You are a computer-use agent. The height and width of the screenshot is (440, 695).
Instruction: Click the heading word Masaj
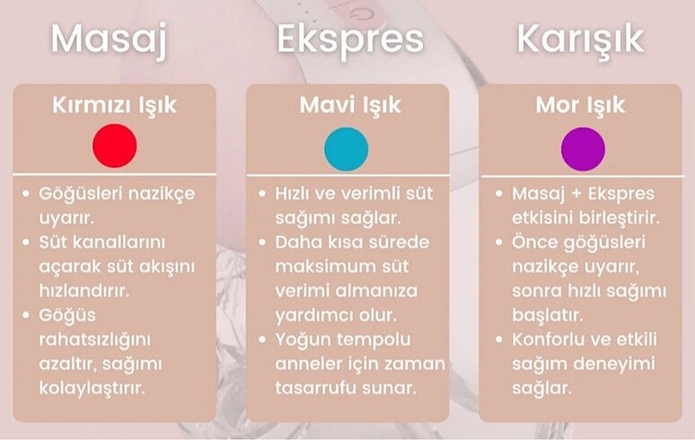(109, 40)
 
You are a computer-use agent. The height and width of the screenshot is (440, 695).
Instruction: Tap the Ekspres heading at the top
(350, 40)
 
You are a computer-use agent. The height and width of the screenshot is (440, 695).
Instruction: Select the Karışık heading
(580, 40)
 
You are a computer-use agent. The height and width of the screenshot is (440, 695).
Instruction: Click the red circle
(115, 145)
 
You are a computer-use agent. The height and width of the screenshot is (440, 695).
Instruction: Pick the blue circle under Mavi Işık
(347, 148)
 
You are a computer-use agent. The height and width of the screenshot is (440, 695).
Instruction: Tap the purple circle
(583, 148)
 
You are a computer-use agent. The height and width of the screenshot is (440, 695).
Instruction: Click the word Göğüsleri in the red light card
(78, 193)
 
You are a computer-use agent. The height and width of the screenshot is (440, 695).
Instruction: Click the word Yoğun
(303, 339)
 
